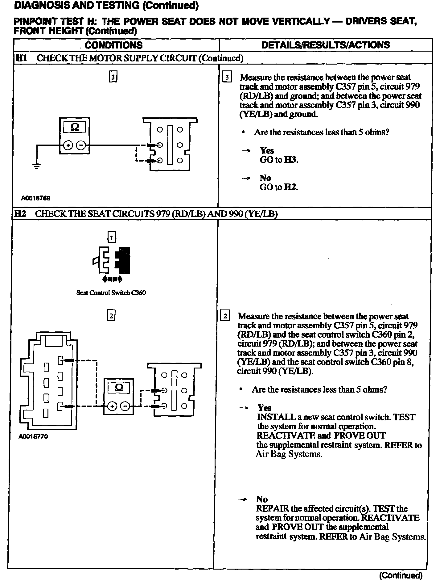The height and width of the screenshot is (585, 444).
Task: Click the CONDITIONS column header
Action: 113,45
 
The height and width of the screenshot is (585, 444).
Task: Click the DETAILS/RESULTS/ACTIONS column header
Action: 325,45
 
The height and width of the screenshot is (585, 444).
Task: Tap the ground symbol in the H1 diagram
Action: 37,167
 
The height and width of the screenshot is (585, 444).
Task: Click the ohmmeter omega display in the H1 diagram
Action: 75,127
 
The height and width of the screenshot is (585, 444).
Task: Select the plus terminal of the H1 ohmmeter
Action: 68,145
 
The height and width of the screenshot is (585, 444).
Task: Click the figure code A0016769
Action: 35,198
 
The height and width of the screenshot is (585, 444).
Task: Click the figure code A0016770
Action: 33,436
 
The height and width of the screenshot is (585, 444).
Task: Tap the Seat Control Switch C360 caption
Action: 111,293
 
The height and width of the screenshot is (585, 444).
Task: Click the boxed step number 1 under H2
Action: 111,237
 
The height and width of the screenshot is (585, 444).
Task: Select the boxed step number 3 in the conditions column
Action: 113,77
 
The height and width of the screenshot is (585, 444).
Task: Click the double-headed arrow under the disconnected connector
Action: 112,280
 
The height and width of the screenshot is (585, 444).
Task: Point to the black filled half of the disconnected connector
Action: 123,260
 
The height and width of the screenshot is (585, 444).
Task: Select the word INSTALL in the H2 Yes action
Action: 276,417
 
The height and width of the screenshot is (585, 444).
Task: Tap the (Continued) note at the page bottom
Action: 401,575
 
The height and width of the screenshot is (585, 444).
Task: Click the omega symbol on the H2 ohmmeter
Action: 119,388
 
